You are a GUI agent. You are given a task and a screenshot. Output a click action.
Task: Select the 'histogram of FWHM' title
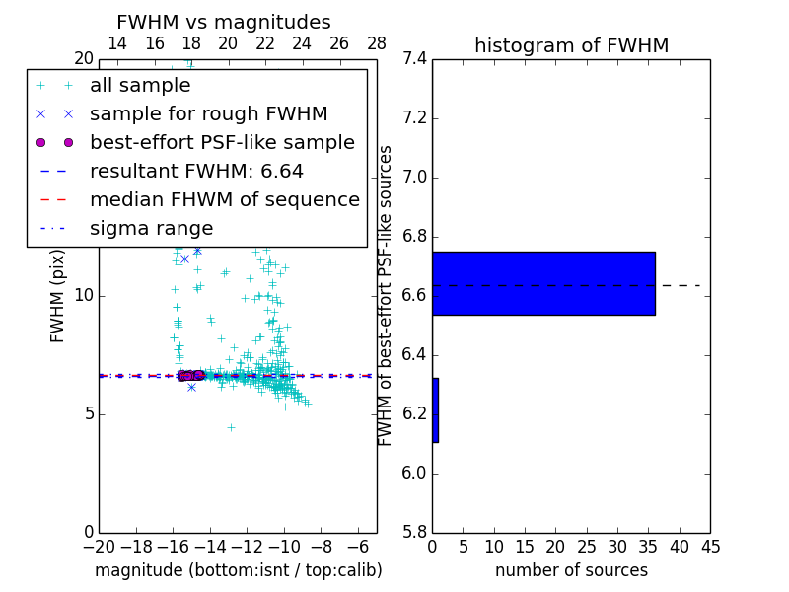tap(571, 45)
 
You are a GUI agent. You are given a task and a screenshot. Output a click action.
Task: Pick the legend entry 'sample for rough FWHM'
tap(208, 113)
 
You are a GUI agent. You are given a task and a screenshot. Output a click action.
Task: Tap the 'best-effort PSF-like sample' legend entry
tap(222, 142)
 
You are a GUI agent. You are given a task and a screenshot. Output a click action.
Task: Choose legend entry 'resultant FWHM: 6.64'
tap(196, 171)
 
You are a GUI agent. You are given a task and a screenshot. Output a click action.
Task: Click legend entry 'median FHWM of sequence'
tap(224, 199)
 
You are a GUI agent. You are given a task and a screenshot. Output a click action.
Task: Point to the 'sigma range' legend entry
tap(151, 228)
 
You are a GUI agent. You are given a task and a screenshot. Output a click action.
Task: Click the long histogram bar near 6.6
tap(543, 283)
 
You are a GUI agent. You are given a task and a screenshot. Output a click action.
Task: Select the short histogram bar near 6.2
tap(435, 409)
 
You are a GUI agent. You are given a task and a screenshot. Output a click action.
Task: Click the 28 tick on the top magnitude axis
tap(377, 43)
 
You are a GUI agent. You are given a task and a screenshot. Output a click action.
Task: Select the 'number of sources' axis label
tap(571, 570)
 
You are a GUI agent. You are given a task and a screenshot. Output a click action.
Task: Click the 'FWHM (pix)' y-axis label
tap(58, 294)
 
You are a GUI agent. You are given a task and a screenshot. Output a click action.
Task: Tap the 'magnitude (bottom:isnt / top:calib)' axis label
tap(238, 570)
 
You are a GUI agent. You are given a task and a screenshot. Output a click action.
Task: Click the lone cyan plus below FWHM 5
tap(231, 428)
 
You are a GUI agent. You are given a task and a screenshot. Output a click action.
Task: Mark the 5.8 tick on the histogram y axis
tap(414, 532)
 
